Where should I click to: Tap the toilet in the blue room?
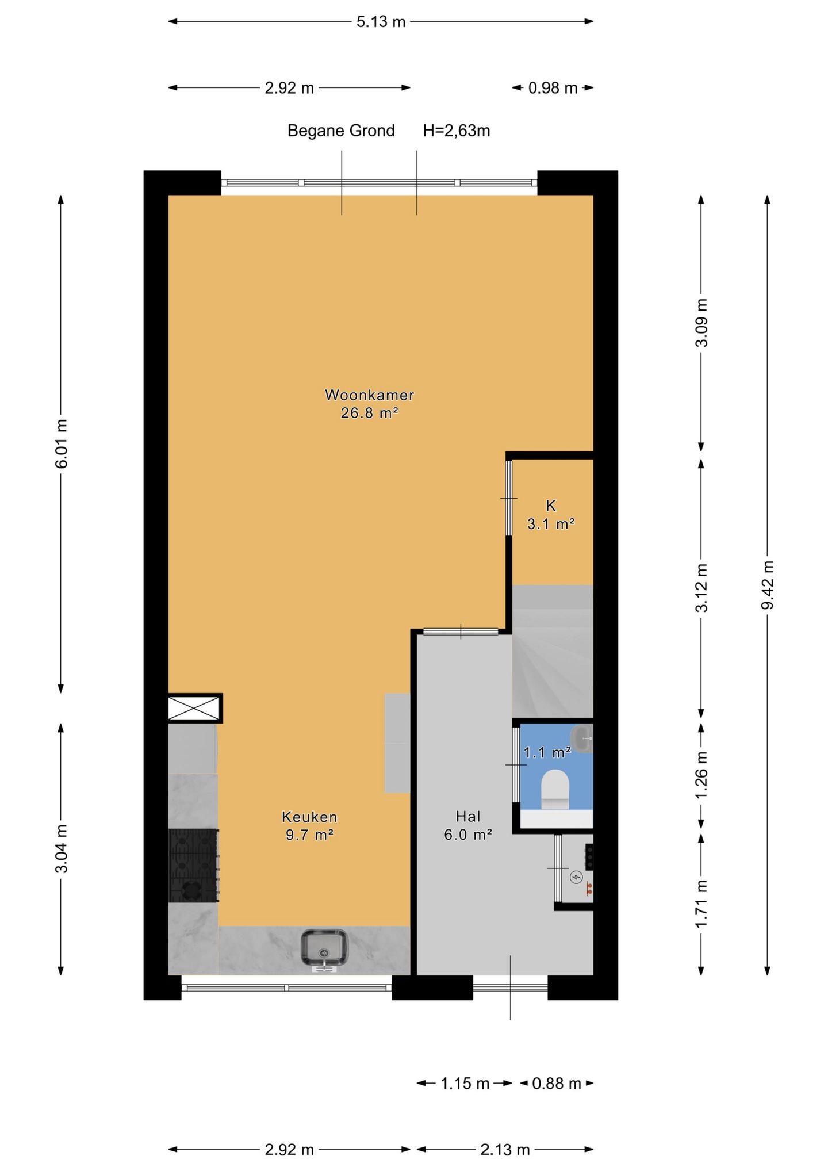[x=555, y=790]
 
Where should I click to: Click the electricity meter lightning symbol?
[x=576, y=877]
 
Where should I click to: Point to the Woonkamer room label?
[x=369, y=395]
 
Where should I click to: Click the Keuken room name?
[x=309, y=817]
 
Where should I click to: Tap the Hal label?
[x=467, y=816]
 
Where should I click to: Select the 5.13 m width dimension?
[x=381, y=22]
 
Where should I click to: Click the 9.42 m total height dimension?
[x=767, y=585]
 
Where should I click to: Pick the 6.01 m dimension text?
[x=61, y=443]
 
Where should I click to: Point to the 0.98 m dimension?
[x=553, y=88]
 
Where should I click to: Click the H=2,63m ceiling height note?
[x=457, y=131]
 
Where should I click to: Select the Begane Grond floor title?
[x=341, y=131]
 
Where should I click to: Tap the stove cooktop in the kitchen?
[x=193, y=865]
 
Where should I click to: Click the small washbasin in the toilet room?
[x=581, y=738]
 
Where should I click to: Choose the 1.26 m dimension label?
[x=701, y=775]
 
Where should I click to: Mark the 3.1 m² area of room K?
[x=551, y=524]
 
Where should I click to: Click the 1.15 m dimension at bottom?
[x=465, y=1084]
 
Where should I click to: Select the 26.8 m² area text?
[x=369, y=413]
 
